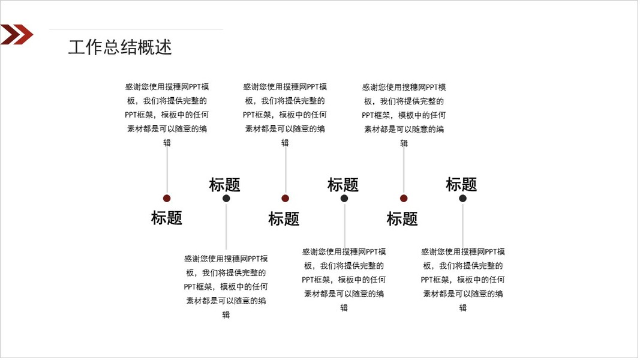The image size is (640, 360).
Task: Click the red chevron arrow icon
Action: point(16,35)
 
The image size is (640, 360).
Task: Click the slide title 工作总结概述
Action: point(120,47)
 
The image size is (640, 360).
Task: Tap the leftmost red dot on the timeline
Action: point(167,199)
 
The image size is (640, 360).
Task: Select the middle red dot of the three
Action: point(285,199)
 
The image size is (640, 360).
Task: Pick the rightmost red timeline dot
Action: point(404,199)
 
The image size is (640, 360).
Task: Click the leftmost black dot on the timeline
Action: point(226,199)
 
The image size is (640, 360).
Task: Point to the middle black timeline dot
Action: point(344,199)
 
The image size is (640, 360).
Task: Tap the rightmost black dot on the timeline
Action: point(462,199)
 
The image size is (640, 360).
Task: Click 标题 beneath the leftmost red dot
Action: point(167,218)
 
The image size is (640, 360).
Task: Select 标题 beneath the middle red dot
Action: point(284,219)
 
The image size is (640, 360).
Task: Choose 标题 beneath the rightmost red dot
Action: point(402,219)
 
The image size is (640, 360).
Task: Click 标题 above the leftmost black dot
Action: point(224,185)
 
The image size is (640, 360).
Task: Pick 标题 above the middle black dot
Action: point(343,185)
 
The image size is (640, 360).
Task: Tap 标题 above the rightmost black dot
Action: point(461,184)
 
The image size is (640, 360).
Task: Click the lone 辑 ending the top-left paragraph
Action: point(167,143)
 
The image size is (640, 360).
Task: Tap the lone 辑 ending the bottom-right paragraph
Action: point(463,308)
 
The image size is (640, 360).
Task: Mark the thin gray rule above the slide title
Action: point(136,29)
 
